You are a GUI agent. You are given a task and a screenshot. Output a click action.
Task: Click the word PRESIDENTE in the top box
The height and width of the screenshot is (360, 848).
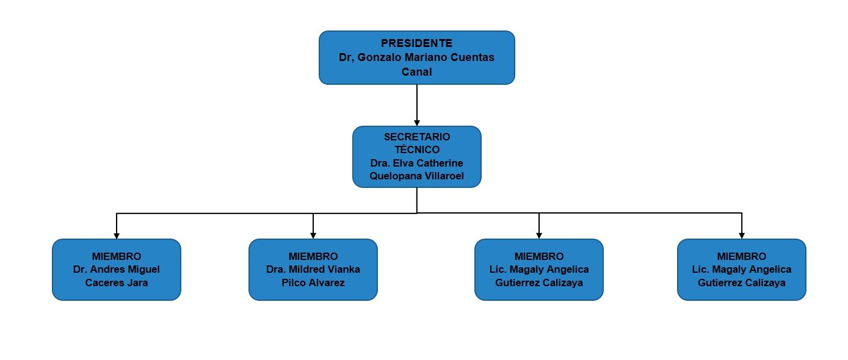416,43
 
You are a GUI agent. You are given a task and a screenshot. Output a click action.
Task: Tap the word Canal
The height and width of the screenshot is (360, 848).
416,71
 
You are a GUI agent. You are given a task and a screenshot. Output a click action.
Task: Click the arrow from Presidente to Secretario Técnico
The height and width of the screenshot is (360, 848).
417,105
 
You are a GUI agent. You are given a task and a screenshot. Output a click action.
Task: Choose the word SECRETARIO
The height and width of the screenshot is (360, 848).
417,137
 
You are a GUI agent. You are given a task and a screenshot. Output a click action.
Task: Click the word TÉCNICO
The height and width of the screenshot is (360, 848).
417,149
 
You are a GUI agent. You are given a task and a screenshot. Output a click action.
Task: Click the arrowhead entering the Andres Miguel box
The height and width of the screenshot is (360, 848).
117,236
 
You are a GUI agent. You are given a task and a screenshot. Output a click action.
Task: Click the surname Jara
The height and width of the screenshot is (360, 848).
137,283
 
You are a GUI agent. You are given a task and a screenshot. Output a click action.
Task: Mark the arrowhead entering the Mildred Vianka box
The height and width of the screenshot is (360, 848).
313,236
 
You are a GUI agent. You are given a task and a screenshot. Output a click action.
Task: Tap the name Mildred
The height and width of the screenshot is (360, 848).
306,269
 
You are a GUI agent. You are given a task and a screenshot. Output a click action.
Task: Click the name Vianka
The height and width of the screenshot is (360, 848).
344,269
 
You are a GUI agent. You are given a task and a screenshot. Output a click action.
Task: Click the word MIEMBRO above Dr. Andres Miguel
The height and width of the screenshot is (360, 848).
117,256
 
